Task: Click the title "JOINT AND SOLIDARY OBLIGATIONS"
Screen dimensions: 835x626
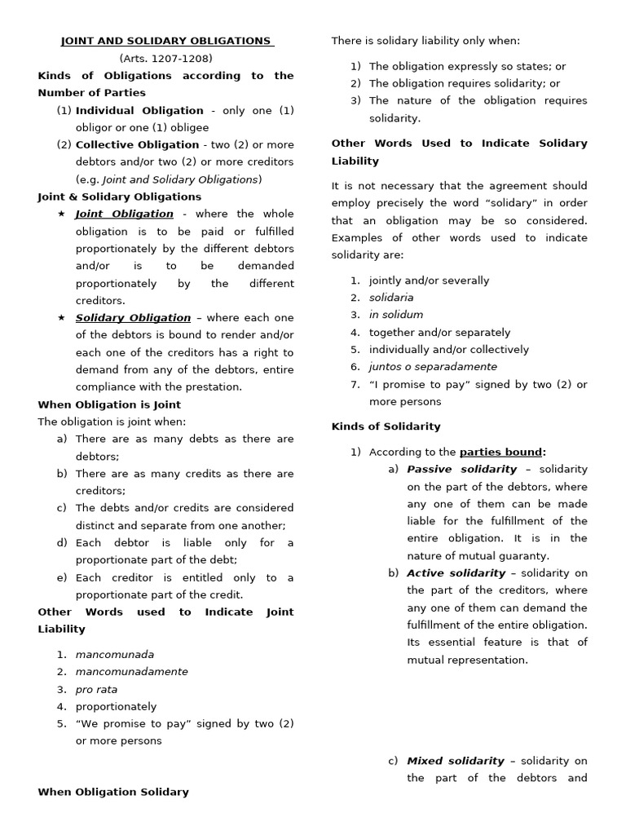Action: point(166,41)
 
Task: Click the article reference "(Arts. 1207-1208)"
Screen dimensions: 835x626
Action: point(166,58)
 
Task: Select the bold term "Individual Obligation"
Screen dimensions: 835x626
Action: point(139,110)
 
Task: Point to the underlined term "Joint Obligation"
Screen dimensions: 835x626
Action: point(125,214)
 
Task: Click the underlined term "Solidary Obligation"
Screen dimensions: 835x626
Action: point(133,318)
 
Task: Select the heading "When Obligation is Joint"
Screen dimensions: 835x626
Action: point(109,404)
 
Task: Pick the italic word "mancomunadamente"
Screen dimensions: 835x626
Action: point(131,672)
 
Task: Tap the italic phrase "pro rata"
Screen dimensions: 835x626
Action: point(96,689)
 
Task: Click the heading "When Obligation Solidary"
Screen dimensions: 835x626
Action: point(113,792)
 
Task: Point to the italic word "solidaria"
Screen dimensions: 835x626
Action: point(391,298)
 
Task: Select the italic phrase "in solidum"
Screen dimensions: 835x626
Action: point(396,315)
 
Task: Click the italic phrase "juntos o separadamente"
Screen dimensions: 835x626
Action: point(433,367)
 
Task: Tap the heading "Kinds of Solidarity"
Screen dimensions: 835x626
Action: point(386,426)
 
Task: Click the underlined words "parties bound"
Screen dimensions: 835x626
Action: point(500,452)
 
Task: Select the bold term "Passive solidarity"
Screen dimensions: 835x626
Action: point(461,469)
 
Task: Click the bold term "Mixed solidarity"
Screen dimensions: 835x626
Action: point(456,761)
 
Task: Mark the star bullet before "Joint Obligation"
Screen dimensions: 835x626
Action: point(61,214)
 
